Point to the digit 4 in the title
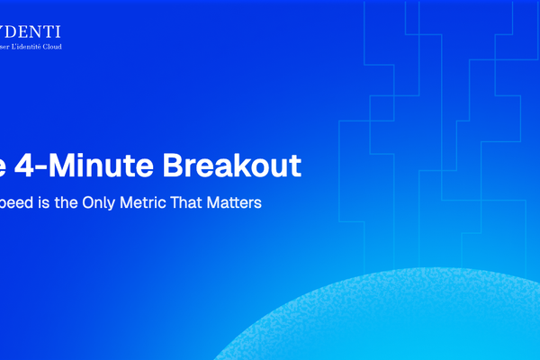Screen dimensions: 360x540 coord(31,166)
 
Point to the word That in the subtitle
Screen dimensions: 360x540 coord(190,203)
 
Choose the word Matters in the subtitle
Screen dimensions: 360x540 coord(235,203)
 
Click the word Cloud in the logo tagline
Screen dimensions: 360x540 coord(74,46)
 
